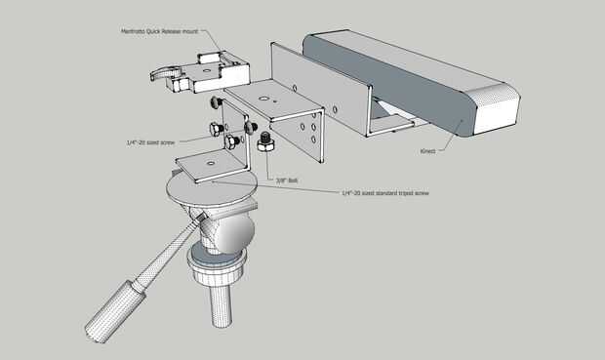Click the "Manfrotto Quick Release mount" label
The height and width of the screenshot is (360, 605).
point(159,31)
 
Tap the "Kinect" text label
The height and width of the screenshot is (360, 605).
point(427,151)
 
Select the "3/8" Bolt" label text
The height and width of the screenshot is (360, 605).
point(287,180)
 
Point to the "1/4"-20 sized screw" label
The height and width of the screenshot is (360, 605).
point(150,142)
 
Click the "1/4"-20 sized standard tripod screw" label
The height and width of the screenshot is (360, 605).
point(385,192)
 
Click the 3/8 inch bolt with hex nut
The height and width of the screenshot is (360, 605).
point(265,142)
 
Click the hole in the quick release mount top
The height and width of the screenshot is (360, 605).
point(207,70)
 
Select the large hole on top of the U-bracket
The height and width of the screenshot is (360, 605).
point(263,99)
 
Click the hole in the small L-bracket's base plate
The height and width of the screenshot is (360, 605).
point(210,163)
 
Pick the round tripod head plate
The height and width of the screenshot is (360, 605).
point(212,189)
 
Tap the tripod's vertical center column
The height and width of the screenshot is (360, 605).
point(222,304)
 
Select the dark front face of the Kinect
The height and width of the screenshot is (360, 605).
point(385,85)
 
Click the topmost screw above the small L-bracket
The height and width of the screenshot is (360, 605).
point(216,102)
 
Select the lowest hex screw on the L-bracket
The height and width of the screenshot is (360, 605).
point(232,142)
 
